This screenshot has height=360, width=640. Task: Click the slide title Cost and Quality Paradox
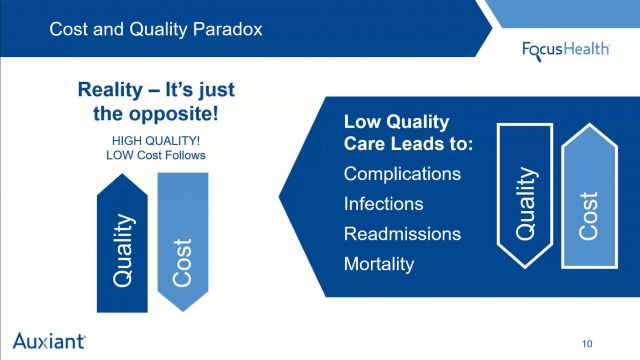[156, 29]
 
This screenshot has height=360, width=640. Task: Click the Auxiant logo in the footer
[49, 338]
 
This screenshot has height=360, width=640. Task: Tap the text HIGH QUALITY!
[148, 141]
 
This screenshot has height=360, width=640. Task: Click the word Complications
[402, 174]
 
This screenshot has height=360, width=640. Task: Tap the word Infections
[383, 204]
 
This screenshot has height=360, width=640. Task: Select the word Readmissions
[402, 234]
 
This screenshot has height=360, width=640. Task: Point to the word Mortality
[378, 265]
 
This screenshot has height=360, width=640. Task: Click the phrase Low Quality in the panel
[396, 121]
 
